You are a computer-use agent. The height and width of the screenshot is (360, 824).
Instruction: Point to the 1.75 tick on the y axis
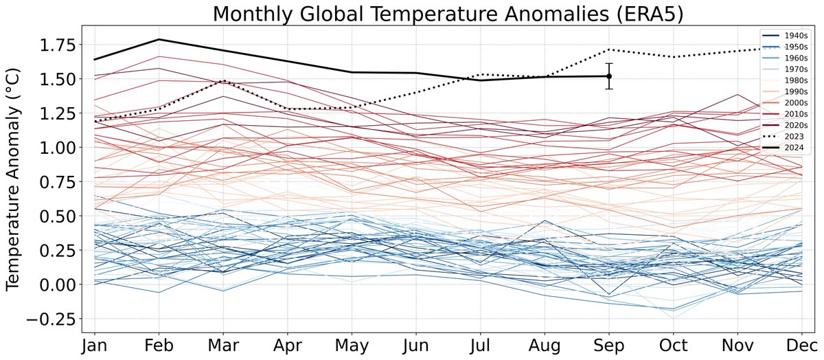[x=56, y=45]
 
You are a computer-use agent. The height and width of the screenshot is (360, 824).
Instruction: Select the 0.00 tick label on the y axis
[x=56, y=284]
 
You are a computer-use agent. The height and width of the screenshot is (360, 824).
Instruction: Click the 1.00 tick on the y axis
[x=56, y=148]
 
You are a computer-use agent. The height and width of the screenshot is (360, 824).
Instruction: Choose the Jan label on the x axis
[x=93, y=346]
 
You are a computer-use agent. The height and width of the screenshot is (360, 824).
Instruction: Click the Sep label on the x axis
[x=608, y=346]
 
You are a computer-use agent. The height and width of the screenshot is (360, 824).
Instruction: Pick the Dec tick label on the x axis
[x=801, y=346]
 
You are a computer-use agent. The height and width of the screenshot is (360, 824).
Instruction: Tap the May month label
[x=351, y=346]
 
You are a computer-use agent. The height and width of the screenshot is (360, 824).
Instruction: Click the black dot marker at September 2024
[x=608, y=76]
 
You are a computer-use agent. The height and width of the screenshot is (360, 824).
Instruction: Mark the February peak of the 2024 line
[x=158, y=39]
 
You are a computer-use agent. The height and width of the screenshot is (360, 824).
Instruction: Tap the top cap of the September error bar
[x=608, y=63]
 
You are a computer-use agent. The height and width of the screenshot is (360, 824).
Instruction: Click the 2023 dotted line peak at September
[x=608, y=49]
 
